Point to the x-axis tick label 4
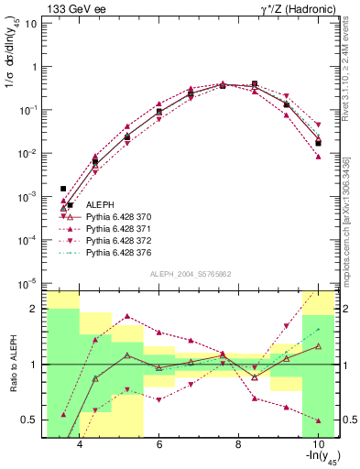coord(80,446)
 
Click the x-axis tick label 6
coord(159,446)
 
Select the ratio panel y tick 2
coord(35,309)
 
